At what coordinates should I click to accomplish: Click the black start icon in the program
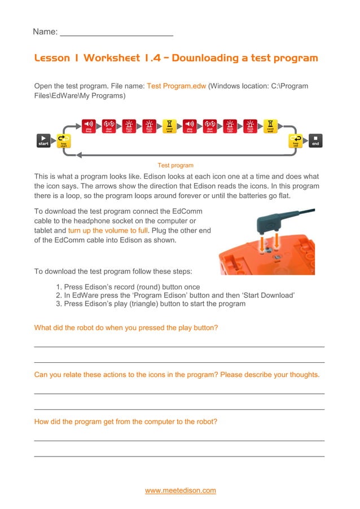click(x=43, y=141)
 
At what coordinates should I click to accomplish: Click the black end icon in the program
click(x=315, y=141)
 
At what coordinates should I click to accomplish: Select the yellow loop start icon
click(x=64, y=141)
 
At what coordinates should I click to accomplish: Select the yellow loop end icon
click(x=295, y=141)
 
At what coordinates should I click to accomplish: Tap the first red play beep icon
click(x=89, y=126)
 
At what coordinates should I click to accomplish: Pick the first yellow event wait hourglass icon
click(x=169, y=126)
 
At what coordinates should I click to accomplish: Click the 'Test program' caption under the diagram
click(x=175, y=165)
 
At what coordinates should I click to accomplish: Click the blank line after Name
click(x=116, y=32)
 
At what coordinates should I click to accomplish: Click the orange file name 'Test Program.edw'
click(x=176, y=86)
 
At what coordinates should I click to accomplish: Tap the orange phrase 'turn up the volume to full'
click(x=108, y=230)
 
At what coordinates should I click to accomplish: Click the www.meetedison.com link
click(x=181, y=490)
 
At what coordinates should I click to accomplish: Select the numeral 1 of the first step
click(x=58, y=287)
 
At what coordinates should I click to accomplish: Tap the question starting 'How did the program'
click(x=125, y=422)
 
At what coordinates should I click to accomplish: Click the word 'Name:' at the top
click(x=45, y=32)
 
